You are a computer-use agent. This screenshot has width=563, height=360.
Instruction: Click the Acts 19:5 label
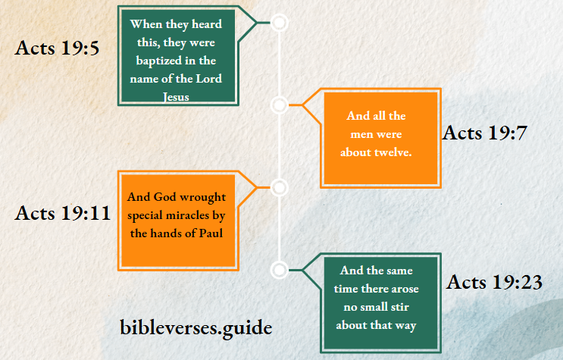click(58, 49)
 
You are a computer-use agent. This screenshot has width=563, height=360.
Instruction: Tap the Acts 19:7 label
click(484, 133)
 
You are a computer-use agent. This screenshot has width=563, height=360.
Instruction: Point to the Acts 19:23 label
click(495, 283)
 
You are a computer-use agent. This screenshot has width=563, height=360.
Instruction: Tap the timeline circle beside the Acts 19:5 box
click(280, 23)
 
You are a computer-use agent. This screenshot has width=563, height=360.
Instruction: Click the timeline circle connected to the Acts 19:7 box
click(280, 105)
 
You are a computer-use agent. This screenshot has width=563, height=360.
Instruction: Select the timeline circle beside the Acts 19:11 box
click(280, 187)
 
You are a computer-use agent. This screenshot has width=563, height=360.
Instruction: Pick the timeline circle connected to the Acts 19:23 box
click(280, 269)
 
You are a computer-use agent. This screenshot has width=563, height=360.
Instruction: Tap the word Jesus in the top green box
click(176, 97)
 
